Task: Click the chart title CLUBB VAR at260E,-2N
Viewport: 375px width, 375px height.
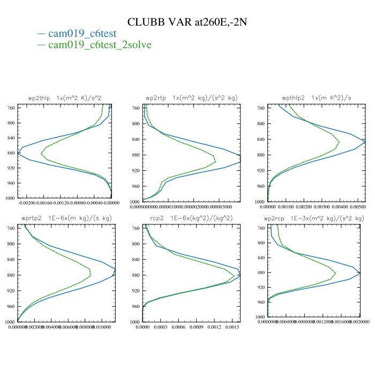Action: pos(187,22)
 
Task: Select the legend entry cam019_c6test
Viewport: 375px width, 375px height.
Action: pos(82,33)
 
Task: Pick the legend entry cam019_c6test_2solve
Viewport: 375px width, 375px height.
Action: pos(100,44)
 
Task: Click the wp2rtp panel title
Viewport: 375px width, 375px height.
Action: pos(191,98)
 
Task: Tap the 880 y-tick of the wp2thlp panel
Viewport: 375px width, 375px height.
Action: pos(11,153)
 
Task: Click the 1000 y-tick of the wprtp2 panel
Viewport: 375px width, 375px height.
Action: pos(10,322)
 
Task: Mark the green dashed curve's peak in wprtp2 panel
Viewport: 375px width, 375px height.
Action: pos(91,274)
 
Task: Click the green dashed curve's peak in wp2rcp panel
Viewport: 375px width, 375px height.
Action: pos(335,274)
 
